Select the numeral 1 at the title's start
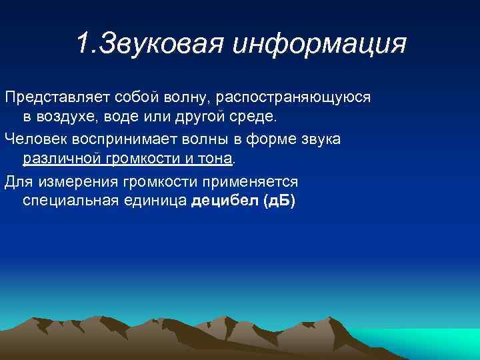pyautogui.click(x=81, y=45)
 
